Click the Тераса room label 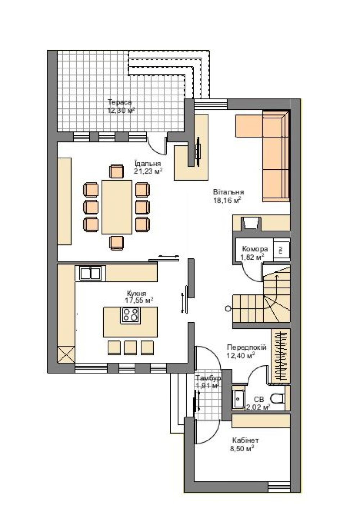pyautogui.click(x=120, y=102)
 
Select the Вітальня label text pyautogui.click(x=229, y=192)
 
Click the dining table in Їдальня pyautogui.click(x=117, y=207)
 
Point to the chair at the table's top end pyautogui.click(x=116, y=171)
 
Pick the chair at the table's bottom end pyautogui.click(x=116, y=243)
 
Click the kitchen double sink pyautogui.click(x=90, y=273)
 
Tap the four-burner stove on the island pyautogui.click(x=131, y=315)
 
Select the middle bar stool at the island pyautogui.click(x=130, y=347)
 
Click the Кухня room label pyautogui.click(x=136, y=293)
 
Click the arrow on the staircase pyautogui.click(x=276, y=290)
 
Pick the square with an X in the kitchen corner pyautogui.click(x=66, y=354)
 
